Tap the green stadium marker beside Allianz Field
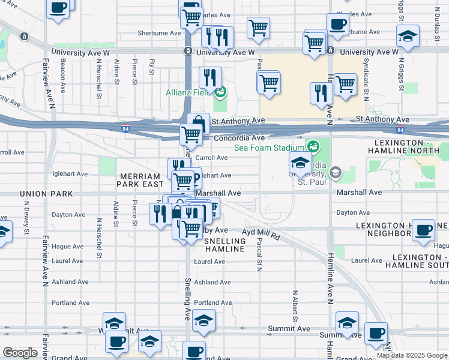(220, 92)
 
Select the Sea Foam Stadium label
(269, 147)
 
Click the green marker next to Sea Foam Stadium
(312, 146)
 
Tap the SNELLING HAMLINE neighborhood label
(225, 245)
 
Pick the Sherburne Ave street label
(159, 33)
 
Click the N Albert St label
(295, 306)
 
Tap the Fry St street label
(152, 67)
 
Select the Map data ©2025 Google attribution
(411, 355)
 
